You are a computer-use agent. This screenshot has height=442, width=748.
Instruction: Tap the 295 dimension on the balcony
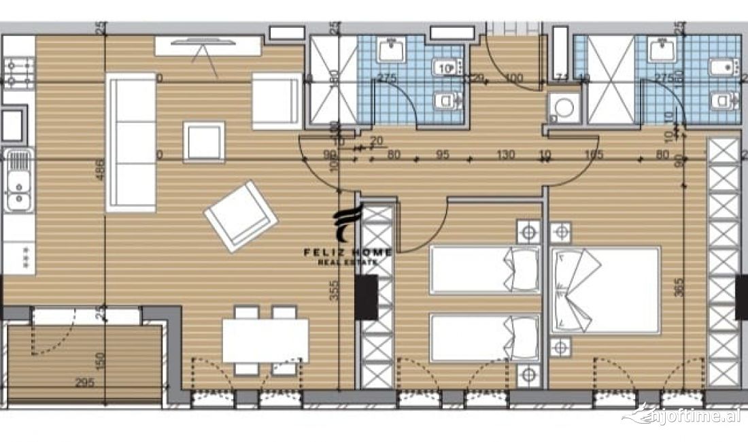tap(84, 383)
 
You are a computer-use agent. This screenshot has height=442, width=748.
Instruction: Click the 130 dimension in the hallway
tap(505, 155)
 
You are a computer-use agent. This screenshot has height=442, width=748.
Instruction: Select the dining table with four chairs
tap(265, 341)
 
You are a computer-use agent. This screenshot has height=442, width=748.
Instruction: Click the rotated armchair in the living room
tap(241, 216)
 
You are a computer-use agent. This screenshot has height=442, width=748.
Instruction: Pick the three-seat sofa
tap(131, 142)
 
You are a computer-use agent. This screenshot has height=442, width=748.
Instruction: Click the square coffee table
tap(204, 142)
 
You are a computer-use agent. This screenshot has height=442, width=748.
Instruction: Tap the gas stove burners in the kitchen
tap(19, 73)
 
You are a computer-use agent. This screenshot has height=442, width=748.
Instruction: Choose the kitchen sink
tap(19, 181)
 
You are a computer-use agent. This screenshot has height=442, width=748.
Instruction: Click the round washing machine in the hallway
tap(564, 109)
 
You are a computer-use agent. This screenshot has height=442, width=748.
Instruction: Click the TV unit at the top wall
tap(207, 46)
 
